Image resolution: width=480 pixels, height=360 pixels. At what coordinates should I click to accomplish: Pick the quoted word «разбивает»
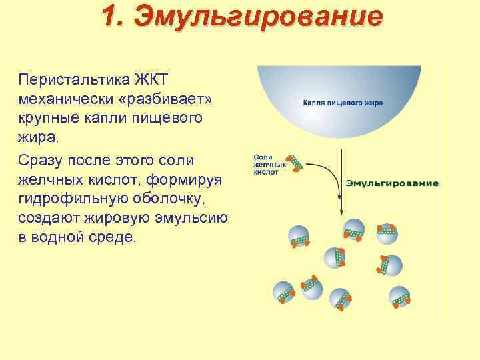point(170,99)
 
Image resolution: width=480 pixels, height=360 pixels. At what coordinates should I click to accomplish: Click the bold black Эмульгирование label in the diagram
point(391,183)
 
